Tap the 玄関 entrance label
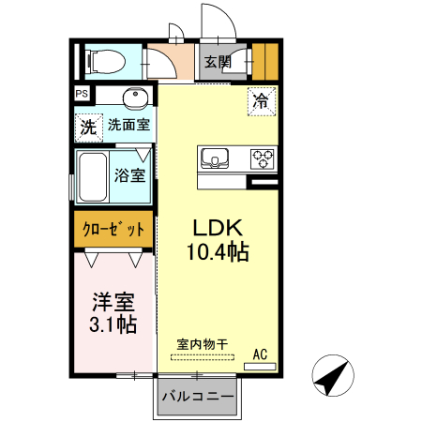[217, 62]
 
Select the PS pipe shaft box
[82, 94]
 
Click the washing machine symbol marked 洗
[87, 125]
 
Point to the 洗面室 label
[129, 124]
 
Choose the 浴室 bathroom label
[130, 175]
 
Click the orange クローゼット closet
[113, 229]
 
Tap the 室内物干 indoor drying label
[203, 344]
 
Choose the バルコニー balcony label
[197, 397]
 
